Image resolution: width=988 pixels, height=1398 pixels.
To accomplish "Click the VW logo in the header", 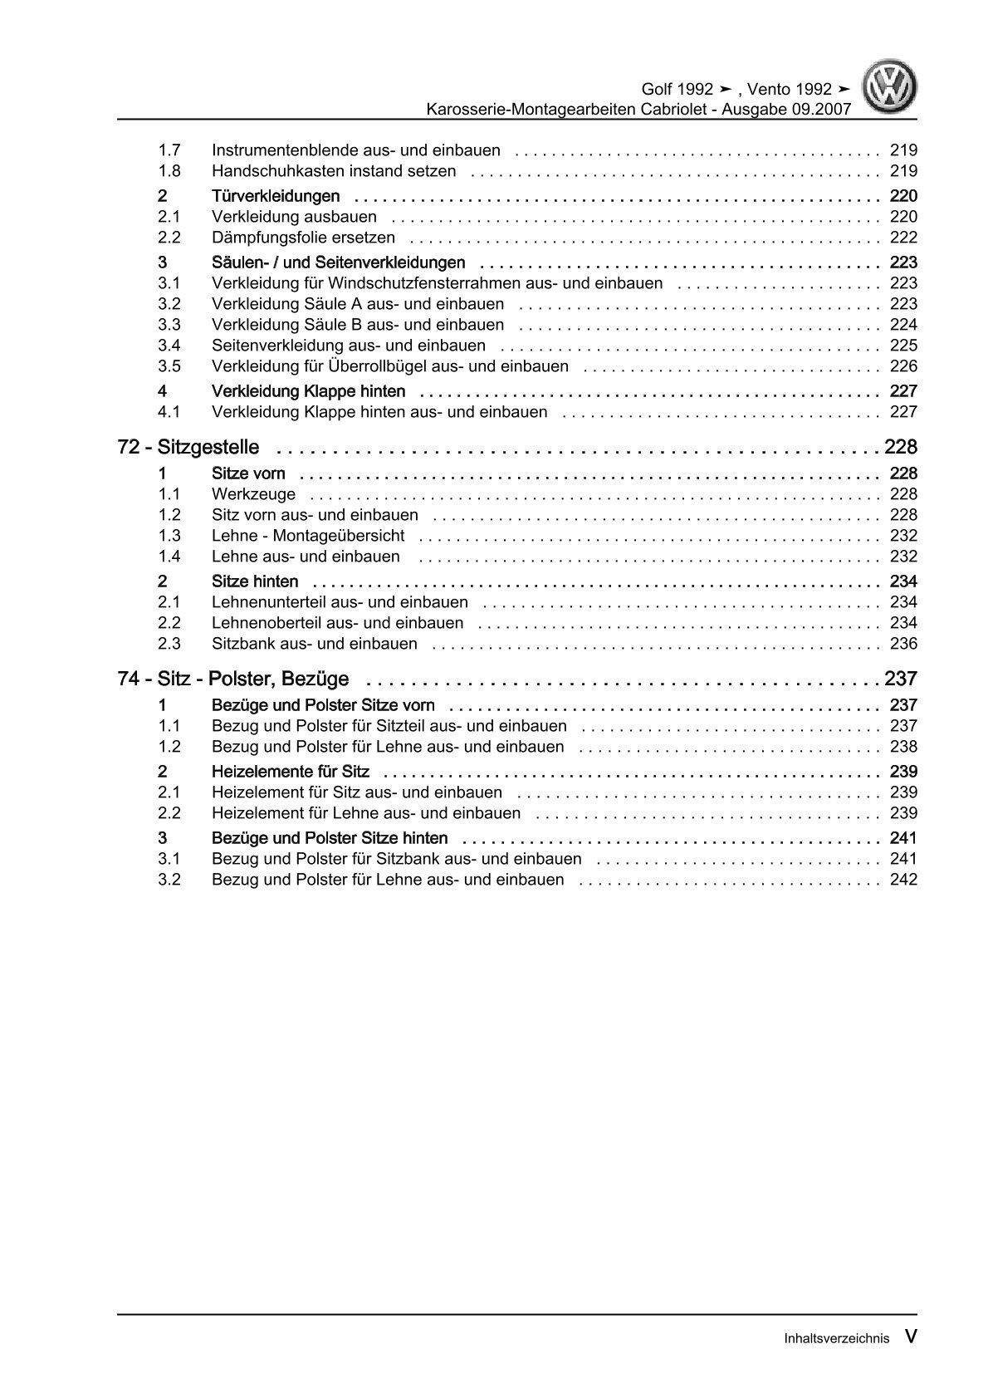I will (889, 87).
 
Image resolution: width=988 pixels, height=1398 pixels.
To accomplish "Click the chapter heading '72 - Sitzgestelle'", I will (188, 448).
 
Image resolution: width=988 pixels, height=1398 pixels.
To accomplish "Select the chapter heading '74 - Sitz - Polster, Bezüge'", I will (233, 679).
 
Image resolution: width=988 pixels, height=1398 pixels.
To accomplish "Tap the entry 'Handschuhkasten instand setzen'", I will (334, 171).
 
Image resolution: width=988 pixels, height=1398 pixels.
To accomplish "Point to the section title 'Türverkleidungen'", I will (276, 196).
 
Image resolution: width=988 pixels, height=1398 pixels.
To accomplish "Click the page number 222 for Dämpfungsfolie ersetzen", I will (903, 238).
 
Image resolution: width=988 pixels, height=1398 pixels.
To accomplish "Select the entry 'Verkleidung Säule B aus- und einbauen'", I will (358, 325).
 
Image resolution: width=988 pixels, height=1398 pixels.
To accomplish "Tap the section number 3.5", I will (169, 366).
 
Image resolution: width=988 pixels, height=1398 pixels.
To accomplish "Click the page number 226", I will (903, 366).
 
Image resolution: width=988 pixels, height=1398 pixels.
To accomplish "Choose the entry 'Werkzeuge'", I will (254, 494).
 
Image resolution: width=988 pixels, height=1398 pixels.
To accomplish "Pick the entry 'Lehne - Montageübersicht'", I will (308, 536).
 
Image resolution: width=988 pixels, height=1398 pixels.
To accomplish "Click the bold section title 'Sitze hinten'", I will (255, 581).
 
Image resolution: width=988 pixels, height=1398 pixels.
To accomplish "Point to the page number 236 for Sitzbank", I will (903, 644).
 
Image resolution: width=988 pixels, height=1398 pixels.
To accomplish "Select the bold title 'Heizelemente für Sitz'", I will (291, 772).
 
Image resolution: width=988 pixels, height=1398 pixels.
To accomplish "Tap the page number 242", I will (903, 880).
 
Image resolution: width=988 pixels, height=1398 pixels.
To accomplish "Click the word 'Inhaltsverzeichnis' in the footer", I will (836, 1338).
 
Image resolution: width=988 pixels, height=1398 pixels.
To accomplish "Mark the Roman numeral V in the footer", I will (911, 1337).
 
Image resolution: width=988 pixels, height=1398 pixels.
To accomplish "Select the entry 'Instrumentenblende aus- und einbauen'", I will (356, 150).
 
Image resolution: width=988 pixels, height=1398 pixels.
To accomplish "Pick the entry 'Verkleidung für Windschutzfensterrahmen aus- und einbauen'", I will (438, 283).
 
